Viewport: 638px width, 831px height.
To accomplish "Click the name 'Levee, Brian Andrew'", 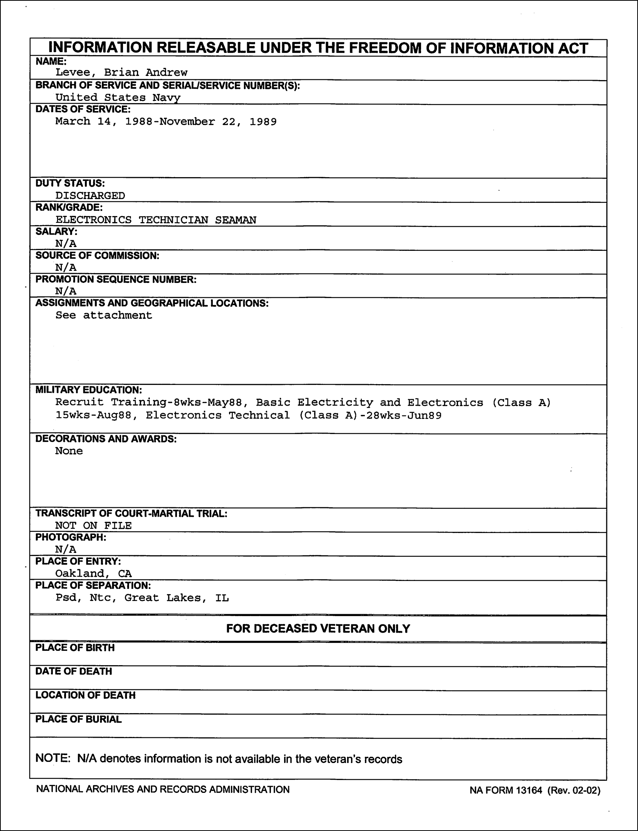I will pyautogui.click(x=121, y=72).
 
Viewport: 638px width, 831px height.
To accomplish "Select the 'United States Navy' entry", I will pyautogui.click(x=118, y=97).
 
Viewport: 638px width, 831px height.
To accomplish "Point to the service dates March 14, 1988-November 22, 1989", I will pyautogui.click(x=166, y=122).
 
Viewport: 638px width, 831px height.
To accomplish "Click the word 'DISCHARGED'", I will pyautogui.click(x=90, y=195).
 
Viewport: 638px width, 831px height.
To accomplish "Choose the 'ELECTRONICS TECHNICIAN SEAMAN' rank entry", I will pyautogui.click(x=156, y=220).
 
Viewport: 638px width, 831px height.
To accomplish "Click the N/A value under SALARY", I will pyautogui.click(x=66, y=244).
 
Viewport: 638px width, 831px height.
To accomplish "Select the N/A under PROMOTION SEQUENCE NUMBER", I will pyautogui.click(x=66, y=291).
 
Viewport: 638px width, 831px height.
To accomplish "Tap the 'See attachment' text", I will pyautogui.click(x=104, y=315).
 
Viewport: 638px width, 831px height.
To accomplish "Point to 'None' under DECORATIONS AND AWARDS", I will pyautogui.click(x=69, y=451).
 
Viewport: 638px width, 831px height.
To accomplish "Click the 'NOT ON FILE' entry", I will pyautogui.click(x=94, y=525).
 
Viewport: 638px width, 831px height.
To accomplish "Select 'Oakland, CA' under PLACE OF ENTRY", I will pyautogui.click(x=94, y=573).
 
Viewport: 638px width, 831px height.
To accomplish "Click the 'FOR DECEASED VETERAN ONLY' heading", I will pyautogui.click(x=318, y=629).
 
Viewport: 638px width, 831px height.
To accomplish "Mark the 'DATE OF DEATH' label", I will pyautogui.click(x=74, y=671).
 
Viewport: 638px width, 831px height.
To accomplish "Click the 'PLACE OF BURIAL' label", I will pyautogui.click(x=78, y=719).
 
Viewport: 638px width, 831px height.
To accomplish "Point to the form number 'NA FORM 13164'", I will pyautogui.click(x=506, y=791).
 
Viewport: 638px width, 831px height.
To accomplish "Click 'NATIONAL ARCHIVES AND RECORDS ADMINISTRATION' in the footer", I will pyautogui.click(x=163, y=789).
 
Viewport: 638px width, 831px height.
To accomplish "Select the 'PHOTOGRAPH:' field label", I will pyautogui.click(x=71, y=538).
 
